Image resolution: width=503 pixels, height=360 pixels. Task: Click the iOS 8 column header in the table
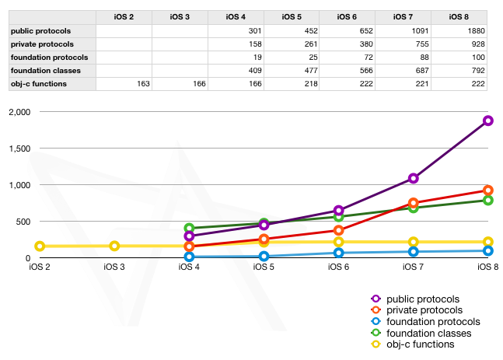(x=459, y=17)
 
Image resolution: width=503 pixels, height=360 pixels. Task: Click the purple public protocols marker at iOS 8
(x=488, y=121)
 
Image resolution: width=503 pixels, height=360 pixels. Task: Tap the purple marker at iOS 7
(x=414, y=178)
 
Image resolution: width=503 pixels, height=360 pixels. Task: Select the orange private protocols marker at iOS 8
(x=488, y=190)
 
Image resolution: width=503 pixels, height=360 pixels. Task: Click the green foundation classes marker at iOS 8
(x=488, y=201)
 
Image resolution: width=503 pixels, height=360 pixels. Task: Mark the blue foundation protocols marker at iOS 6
(x=339, y=253)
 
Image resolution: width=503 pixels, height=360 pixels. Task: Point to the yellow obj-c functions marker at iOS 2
(x=40, y=246)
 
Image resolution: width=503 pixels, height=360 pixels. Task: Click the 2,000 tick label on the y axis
(x=16, y=112)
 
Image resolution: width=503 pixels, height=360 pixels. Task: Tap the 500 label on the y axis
(x=21, y=222)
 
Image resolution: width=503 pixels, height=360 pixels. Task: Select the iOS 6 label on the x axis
(x=339, y=267)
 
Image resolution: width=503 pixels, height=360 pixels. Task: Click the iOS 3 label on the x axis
(x=114, y=267)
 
